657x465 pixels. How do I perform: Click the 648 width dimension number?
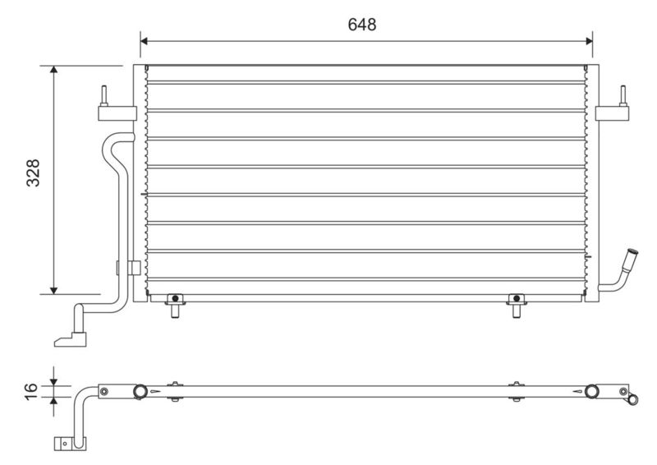362,25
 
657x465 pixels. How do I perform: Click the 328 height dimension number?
33,173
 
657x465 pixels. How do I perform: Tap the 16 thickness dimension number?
31,392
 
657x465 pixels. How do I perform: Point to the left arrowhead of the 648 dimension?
145,41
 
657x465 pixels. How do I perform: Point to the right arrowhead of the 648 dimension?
589,41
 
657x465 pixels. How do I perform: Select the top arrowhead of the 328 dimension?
53,70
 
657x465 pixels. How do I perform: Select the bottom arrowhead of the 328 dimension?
53,290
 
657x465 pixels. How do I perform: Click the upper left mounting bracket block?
117,113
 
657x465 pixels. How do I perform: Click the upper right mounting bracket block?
612,113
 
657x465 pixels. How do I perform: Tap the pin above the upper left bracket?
103,96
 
